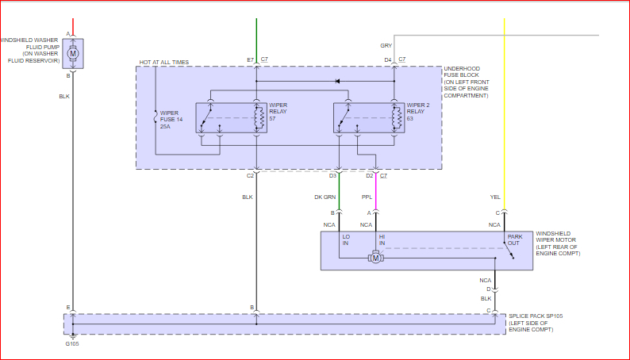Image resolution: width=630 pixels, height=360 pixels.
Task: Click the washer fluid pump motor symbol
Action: (73, 53)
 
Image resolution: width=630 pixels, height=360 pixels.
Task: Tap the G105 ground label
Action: (71, 344)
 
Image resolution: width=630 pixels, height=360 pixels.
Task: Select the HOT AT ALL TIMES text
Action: (164, 62)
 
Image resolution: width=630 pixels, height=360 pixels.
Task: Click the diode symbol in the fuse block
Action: (337, 81)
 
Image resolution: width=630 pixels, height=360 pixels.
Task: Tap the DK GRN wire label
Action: (326, 197)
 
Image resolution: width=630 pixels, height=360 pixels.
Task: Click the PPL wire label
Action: (367, 197)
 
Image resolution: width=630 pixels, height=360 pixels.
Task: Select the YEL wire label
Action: (495, 197)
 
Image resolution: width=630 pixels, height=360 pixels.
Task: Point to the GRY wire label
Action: (386, 46)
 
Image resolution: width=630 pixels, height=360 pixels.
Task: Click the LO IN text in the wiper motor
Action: (346, 239)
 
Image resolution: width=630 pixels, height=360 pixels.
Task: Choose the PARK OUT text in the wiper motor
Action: (514, 239)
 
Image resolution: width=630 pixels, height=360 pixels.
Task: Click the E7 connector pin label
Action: (250, 60)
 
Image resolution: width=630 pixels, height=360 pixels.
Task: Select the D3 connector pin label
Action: (333, 175)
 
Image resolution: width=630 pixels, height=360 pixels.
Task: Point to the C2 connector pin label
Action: (250, 175)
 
